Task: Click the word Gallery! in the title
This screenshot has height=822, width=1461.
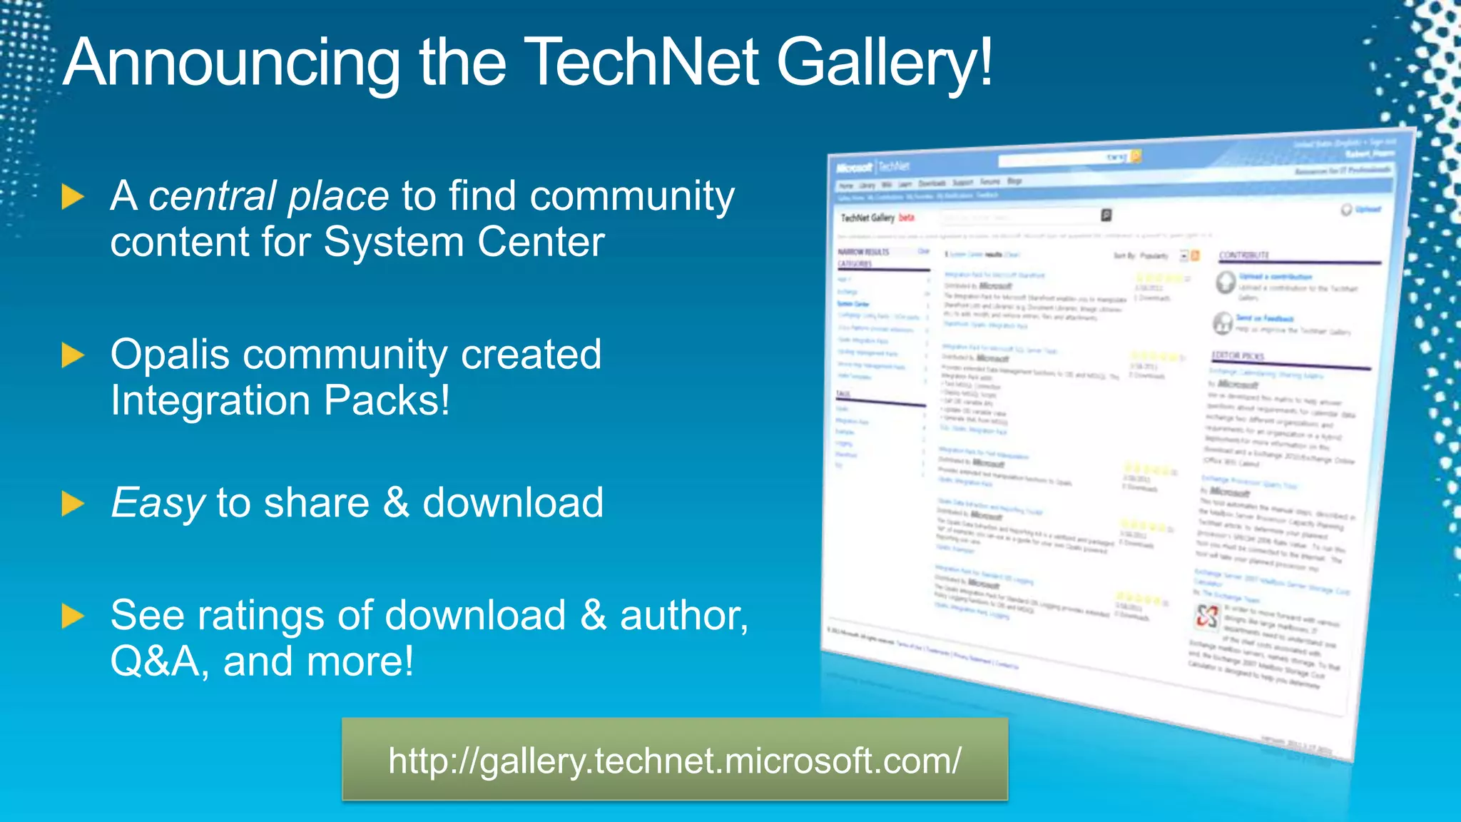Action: tap(885, 64)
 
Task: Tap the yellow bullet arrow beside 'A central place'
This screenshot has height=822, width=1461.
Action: tap(73, 197)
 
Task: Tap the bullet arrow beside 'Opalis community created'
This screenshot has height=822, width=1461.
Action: tap(73, 355)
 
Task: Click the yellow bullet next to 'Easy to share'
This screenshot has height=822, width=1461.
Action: tap(73, 504)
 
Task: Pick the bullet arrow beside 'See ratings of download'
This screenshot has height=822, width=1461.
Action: tap(73, 616)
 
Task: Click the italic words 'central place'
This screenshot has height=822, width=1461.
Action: tap(268, 196)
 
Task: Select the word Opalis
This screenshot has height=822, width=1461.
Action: tap(170, 355)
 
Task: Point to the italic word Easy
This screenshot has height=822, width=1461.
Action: tap(158, 503)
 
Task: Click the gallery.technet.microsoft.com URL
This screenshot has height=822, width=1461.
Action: tap(674, 761)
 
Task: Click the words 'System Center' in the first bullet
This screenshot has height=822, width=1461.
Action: tap(464, 242)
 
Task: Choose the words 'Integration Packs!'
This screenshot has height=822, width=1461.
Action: tap(280, 400)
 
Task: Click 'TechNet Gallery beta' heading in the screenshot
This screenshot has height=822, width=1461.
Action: tap(876, 218)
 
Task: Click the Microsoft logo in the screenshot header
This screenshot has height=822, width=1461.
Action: tap(854, 168)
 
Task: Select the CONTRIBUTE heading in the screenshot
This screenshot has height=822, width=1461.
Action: tap(1244, 255)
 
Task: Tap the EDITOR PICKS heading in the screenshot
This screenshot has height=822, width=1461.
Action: tap(1238, 355)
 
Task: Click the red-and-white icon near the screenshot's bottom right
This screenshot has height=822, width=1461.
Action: tap(1207, 616)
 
